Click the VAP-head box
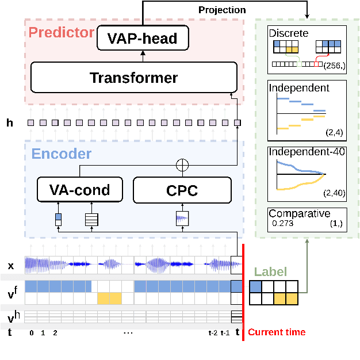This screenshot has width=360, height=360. point(143,39)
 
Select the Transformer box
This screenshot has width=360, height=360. point(133,77)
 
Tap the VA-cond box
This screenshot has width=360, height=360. point(81,190)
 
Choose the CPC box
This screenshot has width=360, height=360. point(182,190)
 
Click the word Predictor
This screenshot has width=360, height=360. point(60,32)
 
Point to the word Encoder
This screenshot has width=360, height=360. point(61,154)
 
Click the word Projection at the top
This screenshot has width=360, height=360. point(222,10)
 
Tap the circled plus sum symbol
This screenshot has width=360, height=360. point(182,164)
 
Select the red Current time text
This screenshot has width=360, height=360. point(277,332)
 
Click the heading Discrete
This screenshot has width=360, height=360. point(288,33)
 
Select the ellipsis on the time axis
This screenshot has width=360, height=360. point(128,332)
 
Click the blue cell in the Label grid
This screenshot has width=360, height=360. point(256,286)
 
